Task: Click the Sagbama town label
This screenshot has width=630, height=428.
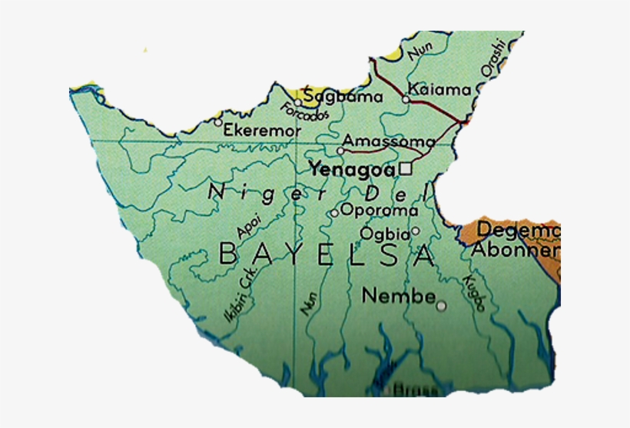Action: point(343,97)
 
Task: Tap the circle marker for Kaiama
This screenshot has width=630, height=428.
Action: point(406,98)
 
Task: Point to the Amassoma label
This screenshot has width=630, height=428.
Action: point(389,141)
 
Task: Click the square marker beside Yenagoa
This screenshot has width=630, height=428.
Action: point(406,168)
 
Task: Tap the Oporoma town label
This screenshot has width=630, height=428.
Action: point(379,210)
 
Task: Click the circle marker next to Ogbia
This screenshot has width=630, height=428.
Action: point(415,231)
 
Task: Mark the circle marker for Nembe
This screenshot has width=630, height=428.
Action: point(441,306)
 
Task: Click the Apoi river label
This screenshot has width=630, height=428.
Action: point(249,224)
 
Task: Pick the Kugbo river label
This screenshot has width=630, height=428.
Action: point(476,292)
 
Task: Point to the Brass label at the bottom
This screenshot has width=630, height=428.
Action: point(415,390)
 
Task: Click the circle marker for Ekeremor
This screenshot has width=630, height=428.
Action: point(218,122)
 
